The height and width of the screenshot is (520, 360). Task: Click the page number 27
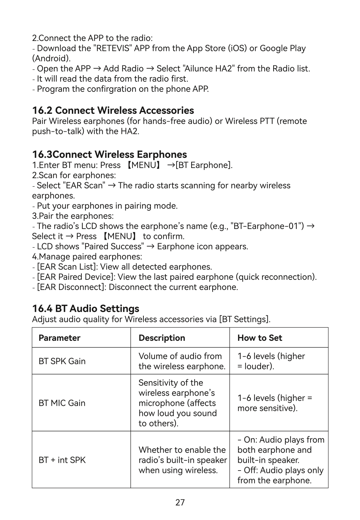coord(180,502)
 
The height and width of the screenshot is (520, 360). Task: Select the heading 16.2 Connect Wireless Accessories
coord(113,110)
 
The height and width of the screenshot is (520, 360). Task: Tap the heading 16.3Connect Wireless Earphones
coord(109,154)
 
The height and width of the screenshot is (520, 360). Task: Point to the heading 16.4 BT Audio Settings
coord(85,309)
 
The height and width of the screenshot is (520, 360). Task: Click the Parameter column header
coord(59,338)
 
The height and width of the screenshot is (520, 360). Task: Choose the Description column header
coord(162,338)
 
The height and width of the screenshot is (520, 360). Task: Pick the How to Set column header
coord(260,338)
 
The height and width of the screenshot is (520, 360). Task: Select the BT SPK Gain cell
coord(62,361)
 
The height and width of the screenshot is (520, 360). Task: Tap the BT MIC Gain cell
coord(62,403)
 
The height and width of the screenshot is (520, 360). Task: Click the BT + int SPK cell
coord(62,460)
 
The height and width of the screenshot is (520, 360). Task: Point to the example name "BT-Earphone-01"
coord(267,226)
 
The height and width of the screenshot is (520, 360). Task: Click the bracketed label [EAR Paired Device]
coord(75,277)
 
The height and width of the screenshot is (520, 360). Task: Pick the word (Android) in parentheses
coord(51,59)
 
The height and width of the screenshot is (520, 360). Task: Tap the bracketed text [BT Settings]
coord(244,319)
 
